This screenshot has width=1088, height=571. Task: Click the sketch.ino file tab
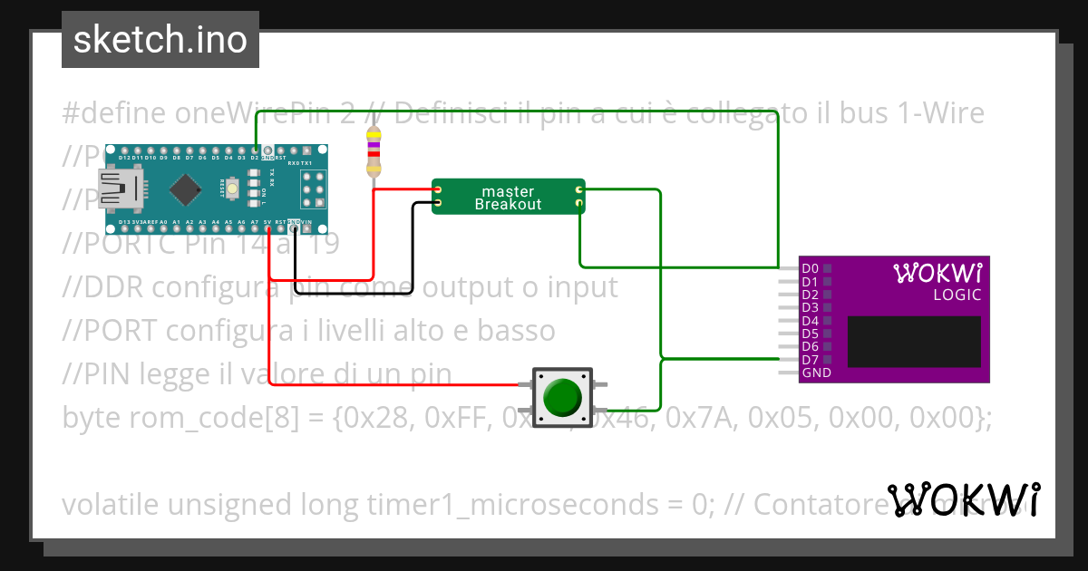[160, 40]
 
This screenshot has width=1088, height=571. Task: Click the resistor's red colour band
[373, 154]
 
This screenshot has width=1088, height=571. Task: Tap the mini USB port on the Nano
[121, 189]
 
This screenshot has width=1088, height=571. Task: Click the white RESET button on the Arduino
[233, 189]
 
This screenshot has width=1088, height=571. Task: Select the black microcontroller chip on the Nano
[185, 189]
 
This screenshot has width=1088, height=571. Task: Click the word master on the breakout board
[508, 191]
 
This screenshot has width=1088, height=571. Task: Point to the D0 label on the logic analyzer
[811, 268]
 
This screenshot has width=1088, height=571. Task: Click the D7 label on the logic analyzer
[811, 360]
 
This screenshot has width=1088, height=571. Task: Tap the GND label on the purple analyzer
[816, 373]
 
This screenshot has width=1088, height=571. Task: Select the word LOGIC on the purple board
[957, 295]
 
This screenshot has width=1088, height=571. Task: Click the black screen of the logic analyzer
[914, 342]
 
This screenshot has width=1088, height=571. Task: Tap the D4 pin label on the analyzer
[811, 321]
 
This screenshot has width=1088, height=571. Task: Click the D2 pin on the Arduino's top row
[256, 150]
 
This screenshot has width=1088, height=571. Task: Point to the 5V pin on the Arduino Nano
[268, 228]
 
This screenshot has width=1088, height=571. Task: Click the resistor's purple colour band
[373, 145]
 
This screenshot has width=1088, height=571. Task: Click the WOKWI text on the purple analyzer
[937, 273]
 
